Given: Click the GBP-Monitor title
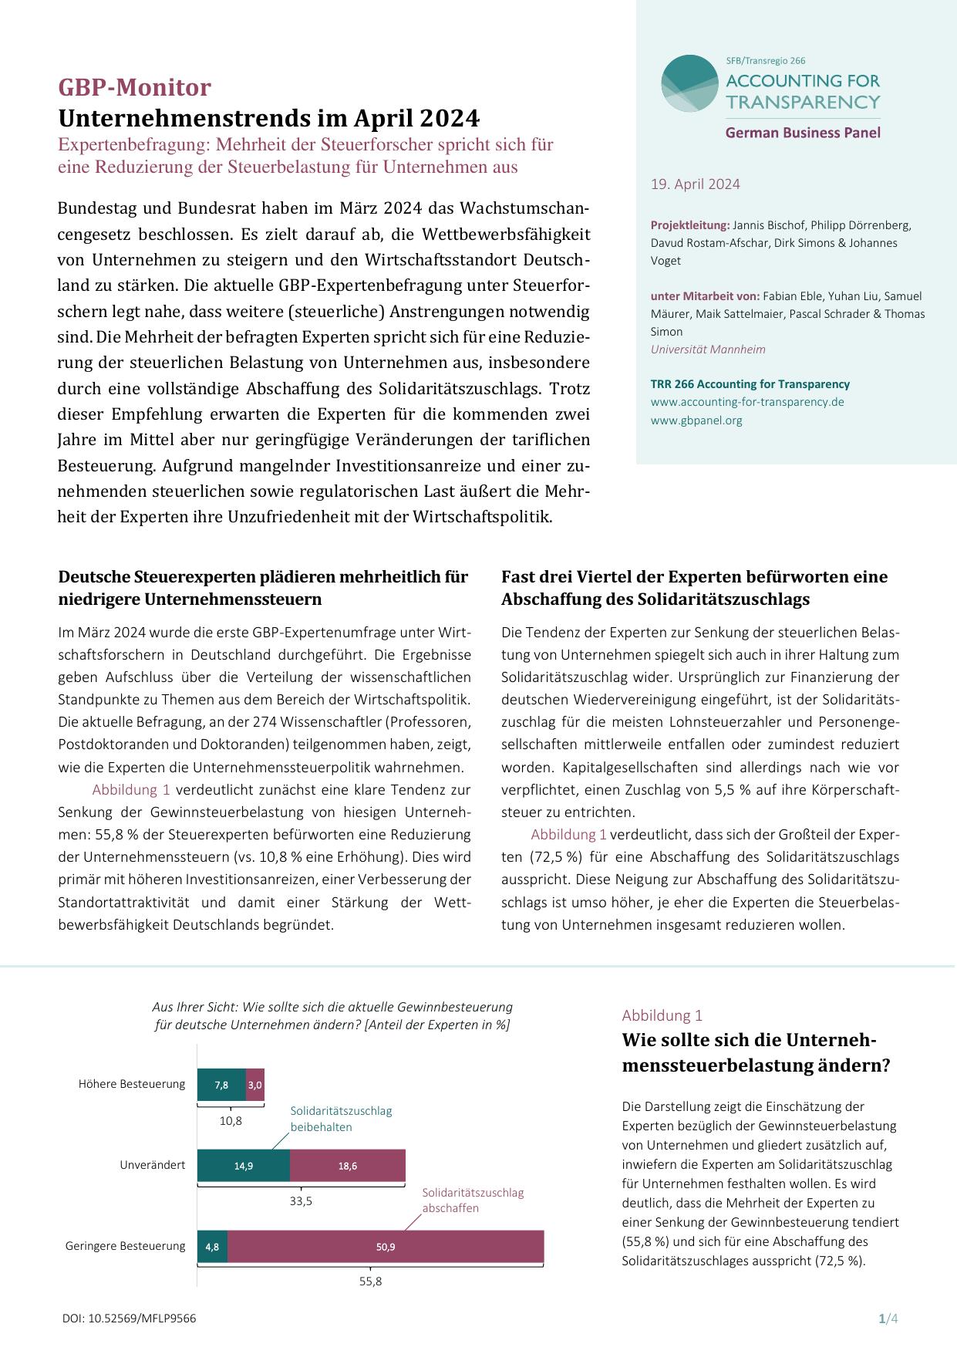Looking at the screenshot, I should click(x=134, y=88).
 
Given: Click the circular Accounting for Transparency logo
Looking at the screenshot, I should click(x=689, y=83).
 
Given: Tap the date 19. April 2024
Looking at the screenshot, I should click(x=695, y=184).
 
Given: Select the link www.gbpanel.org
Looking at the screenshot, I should click(x=696, y=420).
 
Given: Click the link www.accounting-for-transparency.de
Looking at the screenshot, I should click(x=746, y=402).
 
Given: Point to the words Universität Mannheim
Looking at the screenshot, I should click(x=708, y=349).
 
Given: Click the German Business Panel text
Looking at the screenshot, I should click(x=802, y=133).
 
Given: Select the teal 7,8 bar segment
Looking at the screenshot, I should click(x=221, y=1085).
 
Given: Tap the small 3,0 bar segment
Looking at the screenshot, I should click(x=254, y=1085).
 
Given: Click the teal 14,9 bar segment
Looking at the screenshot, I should click(x=244, y=1166).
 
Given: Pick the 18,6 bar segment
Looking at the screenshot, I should click(x=348, y=1166).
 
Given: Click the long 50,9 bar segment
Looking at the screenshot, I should click(x=386, y=1247).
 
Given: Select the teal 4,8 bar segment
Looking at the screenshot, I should click(x=212, y=1247).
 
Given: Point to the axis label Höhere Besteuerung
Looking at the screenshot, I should click(x=132, y=1084).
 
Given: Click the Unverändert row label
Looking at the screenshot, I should click(x=152, y=1165).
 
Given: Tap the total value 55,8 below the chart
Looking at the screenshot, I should click(x=370, y=1281).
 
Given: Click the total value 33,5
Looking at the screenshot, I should click(x=301, y=1201).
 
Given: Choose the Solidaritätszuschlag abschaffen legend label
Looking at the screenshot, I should click(x=472, y=1200).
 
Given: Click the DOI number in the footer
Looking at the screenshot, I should click(x=129, y=1319).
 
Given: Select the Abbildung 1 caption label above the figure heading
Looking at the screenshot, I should click(x=662, y=1015).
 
